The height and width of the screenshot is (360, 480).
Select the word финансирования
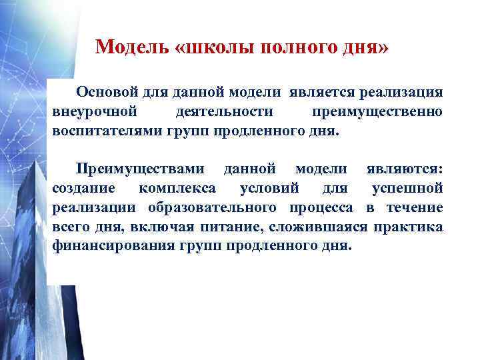coord(112,245)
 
